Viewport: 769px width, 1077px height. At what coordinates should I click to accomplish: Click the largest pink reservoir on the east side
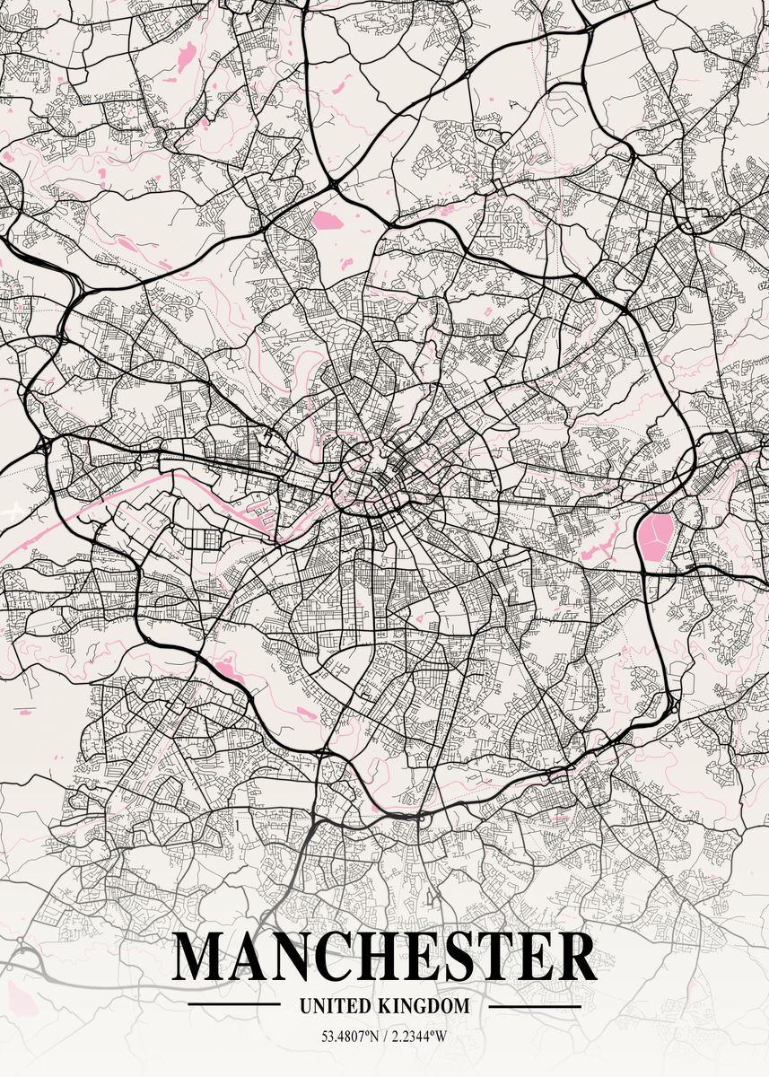656,534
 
